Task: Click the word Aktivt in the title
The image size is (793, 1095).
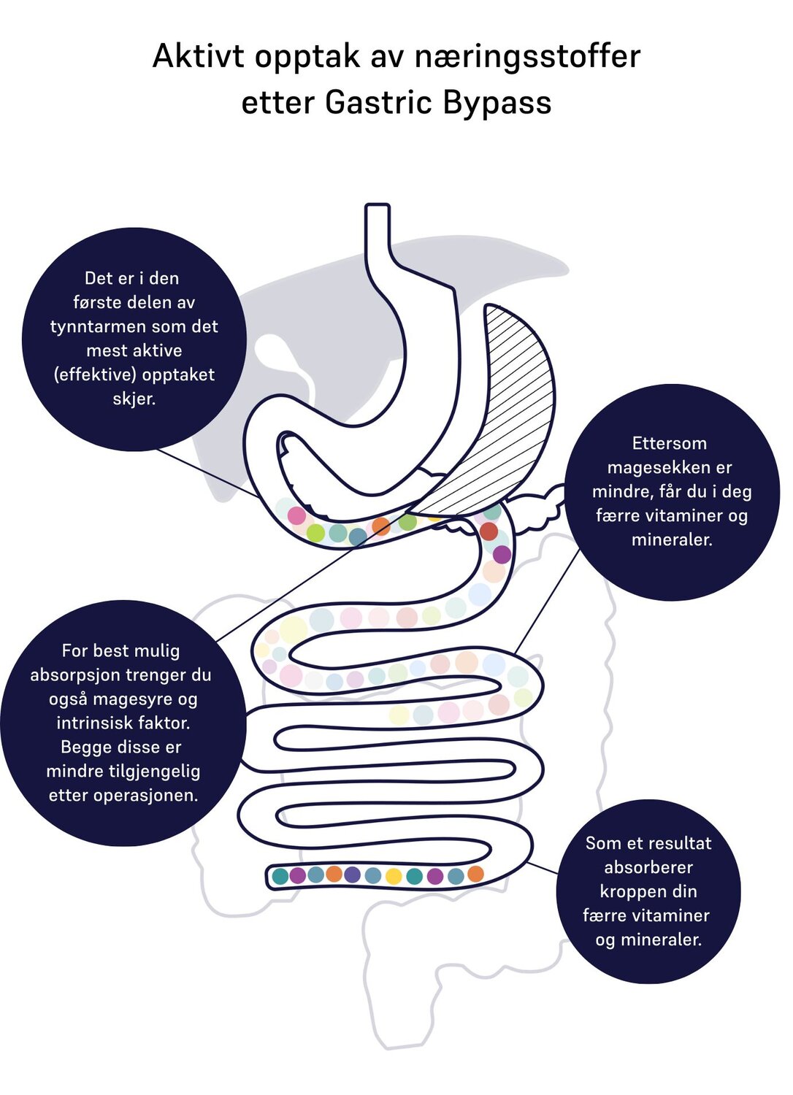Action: tap(198, 56)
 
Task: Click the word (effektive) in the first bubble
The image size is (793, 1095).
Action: tap(94, 375)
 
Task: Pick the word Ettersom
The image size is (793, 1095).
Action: tap(670, 443)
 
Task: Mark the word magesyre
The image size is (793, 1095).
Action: tap(132, 699)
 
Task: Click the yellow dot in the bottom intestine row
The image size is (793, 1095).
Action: tap(394, 877)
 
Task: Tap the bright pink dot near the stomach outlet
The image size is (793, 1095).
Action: tap(296, 515)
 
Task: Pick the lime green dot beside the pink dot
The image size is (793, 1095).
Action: tap(315, 532)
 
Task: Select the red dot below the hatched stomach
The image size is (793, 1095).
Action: tap(489, 531)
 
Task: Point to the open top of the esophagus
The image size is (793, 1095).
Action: tap(378, 205)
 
